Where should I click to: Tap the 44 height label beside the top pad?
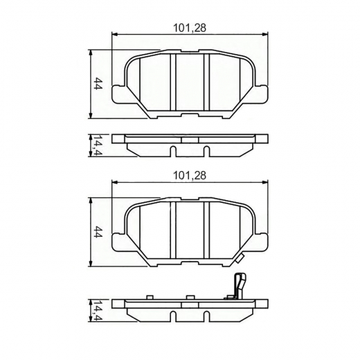click(99, 84)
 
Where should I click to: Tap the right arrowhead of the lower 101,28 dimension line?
click(267, 183)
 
